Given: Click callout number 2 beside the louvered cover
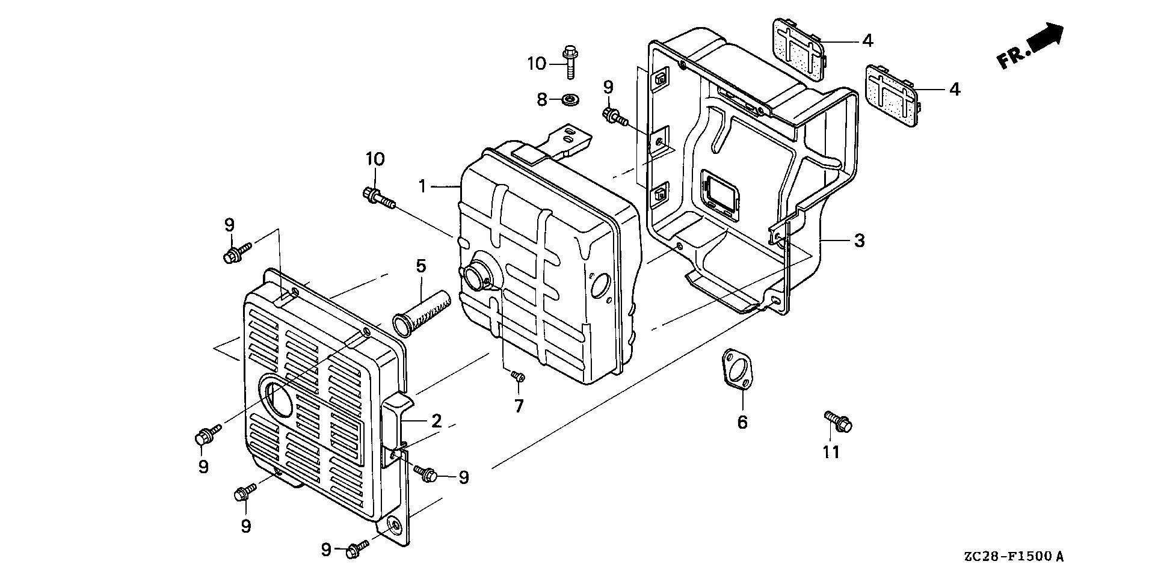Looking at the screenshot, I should (x=436, y=421).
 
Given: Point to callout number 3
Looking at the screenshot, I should (x=859, y=241).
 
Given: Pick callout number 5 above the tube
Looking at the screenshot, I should (x=420, y=265).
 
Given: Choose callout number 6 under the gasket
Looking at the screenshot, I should (x=742, y=422).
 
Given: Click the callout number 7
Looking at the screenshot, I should (x=519, y=406).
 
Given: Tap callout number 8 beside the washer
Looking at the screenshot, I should (x=542, y=99).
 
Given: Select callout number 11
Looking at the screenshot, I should (x=831, y=452).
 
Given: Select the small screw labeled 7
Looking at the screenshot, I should (x=517, y=376).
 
